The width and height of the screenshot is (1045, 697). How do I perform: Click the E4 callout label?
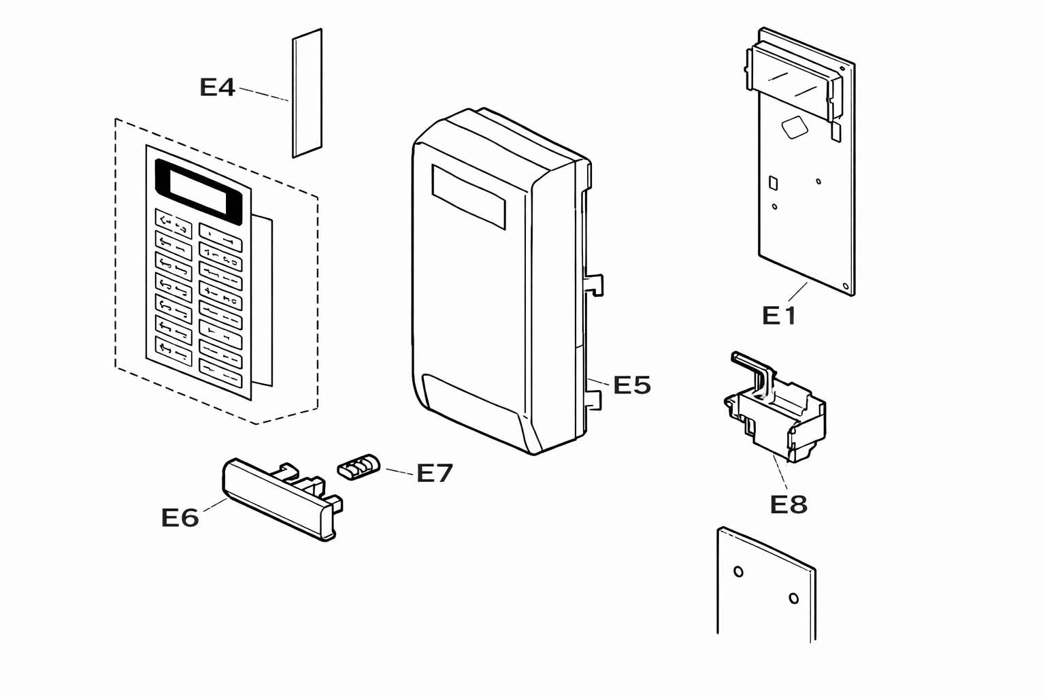tap(217, 87)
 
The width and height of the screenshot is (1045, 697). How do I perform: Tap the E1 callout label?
tap(778, 316)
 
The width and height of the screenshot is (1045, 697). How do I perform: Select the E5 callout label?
tap(631, 385)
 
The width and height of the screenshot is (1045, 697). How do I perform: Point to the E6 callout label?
tap(180, 518)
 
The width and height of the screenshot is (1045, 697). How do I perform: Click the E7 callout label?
tap(434, 473)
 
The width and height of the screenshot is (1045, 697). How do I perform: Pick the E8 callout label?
tap(789, 504)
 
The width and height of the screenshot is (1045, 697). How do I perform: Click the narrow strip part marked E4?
tap(307, 93)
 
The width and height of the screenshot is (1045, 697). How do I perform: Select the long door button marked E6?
tap(282, 499)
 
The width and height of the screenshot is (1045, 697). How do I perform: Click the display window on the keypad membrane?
tap(198, 192)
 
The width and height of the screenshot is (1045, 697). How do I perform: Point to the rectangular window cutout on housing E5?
tap(468, 197)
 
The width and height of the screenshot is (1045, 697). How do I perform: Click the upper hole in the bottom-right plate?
tap(738, 572)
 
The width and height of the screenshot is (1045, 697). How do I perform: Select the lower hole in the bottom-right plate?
tap(793, 598)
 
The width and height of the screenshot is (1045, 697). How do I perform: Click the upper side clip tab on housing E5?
tap(594, 285)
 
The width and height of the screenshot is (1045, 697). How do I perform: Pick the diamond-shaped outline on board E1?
tap(795, 127)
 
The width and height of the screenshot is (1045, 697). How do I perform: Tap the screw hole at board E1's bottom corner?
tap(846, 286)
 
